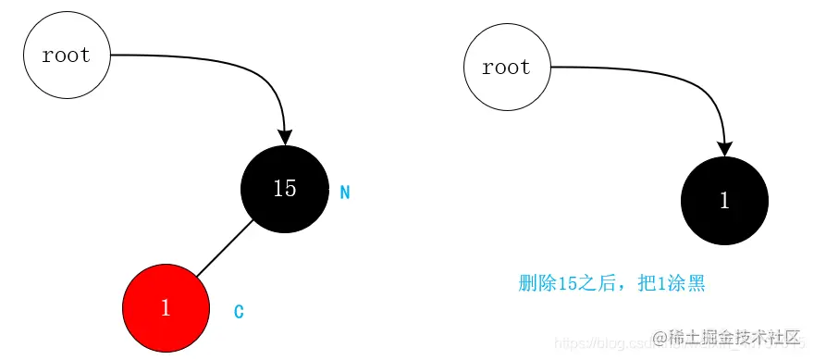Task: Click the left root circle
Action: [x=67, y=56]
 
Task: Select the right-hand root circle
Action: [x=507, y=67]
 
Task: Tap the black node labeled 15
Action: [x=284, y=189]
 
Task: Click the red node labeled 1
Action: [x=166, y=308]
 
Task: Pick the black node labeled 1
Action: [x=724, y=201]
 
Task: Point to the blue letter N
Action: [x=345, y=193]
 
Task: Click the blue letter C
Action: [x=239, y=312]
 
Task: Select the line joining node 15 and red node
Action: [x=225, y=248]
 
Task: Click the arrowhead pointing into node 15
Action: [x=285, y=136]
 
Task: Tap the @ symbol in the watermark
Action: [x=660, y=337]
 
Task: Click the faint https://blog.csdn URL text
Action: [x=592, y=339]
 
